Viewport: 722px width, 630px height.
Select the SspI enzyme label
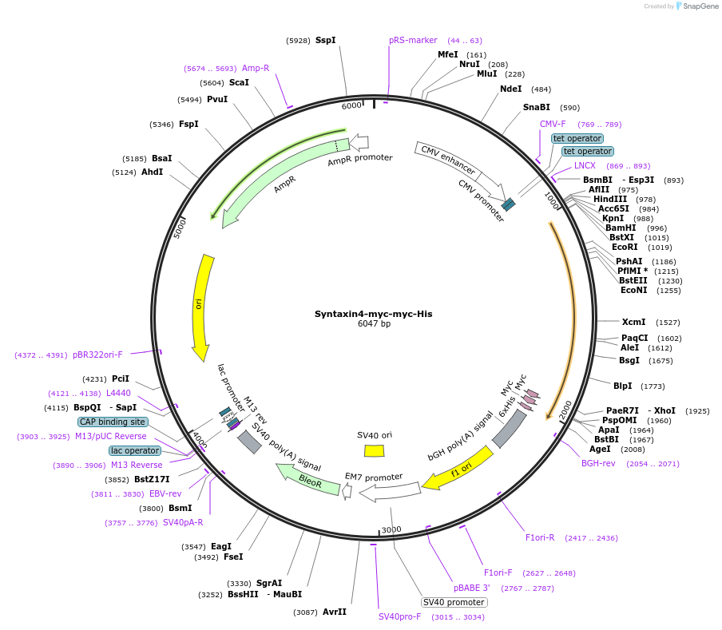coord(325,40)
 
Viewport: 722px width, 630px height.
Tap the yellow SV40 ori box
coord(374,450)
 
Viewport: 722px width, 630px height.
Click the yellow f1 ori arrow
coord(456,470)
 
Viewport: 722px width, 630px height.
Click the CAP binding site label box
coord(113,422)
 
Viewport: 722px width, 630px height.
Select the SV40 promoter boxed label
coord(454,602)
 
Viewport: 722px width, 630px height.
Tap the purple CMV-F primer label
coord(553,124)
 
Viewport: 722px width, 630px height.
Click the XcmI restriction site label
coord(633,322)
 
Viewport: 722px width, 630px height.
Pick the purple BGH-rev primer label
coord(598,463)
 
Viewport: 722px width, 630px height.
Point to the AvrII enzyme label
coord(335,612)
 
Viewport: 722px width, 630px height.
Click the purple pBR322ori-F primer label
coord(97,355)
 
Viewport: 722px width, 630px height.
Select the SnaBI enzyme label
coord(537,107)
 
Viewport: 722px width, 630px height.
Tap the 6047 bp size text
coord(374,324)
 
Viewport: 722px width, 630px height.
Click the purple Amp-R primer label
coord(256,68)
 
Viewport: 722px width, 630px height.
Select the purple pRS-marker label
coord(413,40)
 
